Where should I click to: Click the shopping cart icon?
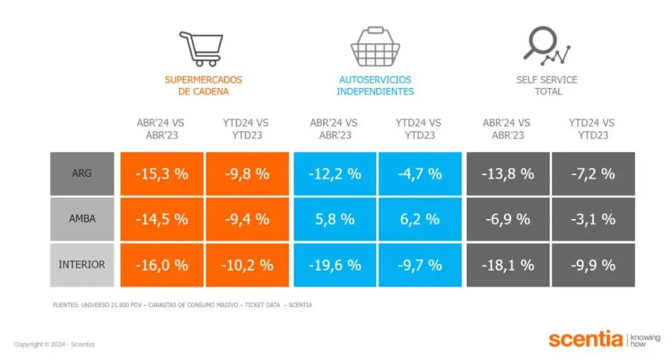tap(200, 48)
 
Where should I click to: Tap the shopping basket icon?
tap(375, 47)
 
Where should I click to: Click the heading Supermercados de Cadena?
tap(204, 85)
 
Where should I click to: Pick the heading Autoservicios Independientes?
tap(375, 85)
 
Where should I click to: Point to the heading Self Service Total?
tap(547, 85)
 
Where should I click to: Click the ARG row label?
tap(82, 173)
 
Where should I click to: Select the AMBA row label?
tap(82, 219)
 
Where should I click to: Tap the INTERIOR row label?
tap(82, 265)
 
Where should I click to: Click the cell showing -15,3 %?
tap(162, 174)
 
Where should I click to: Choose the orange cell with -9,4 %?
tap(247, 220)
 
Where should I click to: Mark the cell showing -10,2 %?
tap(247, 265)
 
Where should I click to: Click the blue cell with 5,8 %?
tap(335, 220)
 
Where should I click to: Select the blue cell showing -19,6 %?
tap(335, 265)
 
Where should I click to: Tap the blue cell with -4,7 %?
tap(419, 174)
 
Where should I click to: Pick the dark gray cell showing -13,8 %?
tap(508, 174)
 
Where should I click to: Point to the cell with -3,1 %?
tap(593, 220)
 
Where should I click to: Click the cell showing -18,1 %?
tap(508, 265)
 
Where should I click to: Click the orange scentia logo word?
tap(585, 339)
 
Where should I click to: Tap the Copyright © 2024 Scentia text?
tap(54, 345)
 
